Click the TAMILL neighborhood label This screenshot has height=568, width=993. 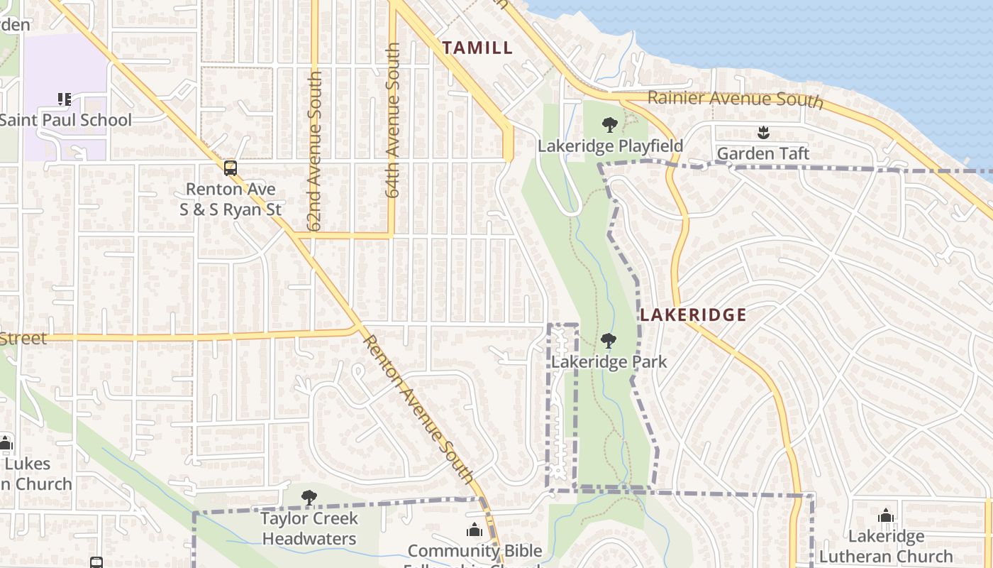(477, 48)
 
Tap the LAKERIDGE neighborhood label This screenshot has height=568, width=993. (693, 315)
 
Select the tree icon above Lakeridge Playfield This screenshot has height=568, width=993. (609, 126)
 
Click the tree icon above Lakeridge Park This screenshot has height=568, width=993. (608, 342)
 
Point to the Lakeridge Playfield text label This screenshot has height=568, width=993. (610, 146)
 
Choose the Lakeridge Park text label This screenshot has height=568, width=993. (609, 362)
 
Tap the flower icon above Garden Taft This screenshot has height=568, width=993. (763, 132)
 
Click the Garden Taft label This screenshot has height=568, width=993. (762, 153)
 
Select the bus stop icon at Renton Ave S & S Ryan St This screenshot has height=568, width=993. (231, 168)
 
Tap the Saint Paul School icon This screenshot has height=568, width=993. (65, 99)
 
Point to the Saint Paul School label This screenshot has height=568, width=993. (65, 120)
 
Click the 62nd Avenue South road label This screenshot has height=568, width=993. (315, 151)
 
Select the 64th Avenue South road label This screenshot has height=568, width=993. (394, 119)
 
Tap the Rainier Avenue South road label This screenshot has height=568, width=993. (735, 99)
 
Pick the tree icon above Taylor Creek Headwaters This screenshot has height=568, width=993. (309, 498)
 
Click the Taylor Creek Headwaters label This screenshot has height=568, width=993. (309, 528)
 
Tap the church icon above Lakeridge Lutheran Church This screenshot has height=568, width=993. (885, 516)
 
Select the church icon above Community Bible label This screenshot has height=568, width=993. (474, 530)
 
